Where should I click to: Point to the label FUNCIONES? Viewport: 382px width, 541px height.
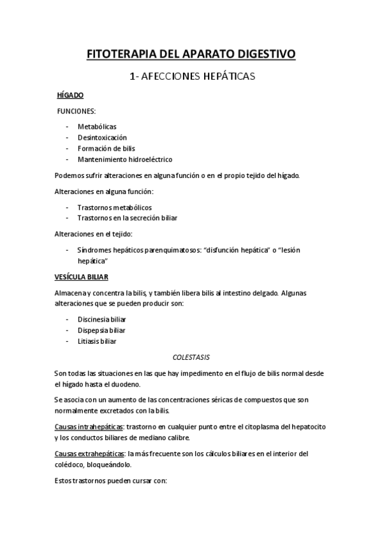(77, 110)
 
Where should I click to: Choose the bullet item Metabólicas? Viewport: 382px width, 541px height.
(97, 126)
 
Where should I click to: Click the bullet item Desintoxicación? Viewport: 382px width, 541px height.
(102, 137)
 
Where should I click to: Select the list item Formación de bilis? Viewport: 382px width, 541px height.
(107, 148)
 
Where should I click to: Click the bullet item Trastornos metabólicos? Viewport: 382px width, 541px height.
(114, 207)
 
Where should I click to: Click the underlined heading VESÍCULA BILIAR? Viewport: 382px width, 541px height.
(81, 277)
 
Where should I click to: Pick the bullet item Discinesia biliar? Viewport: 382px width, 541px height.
(101, 319)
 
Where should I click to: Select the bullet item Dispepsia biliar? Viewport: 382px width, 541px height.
(101, 330)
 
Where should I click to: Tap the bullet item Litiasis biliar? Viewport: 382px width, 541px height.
(97, 341)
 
